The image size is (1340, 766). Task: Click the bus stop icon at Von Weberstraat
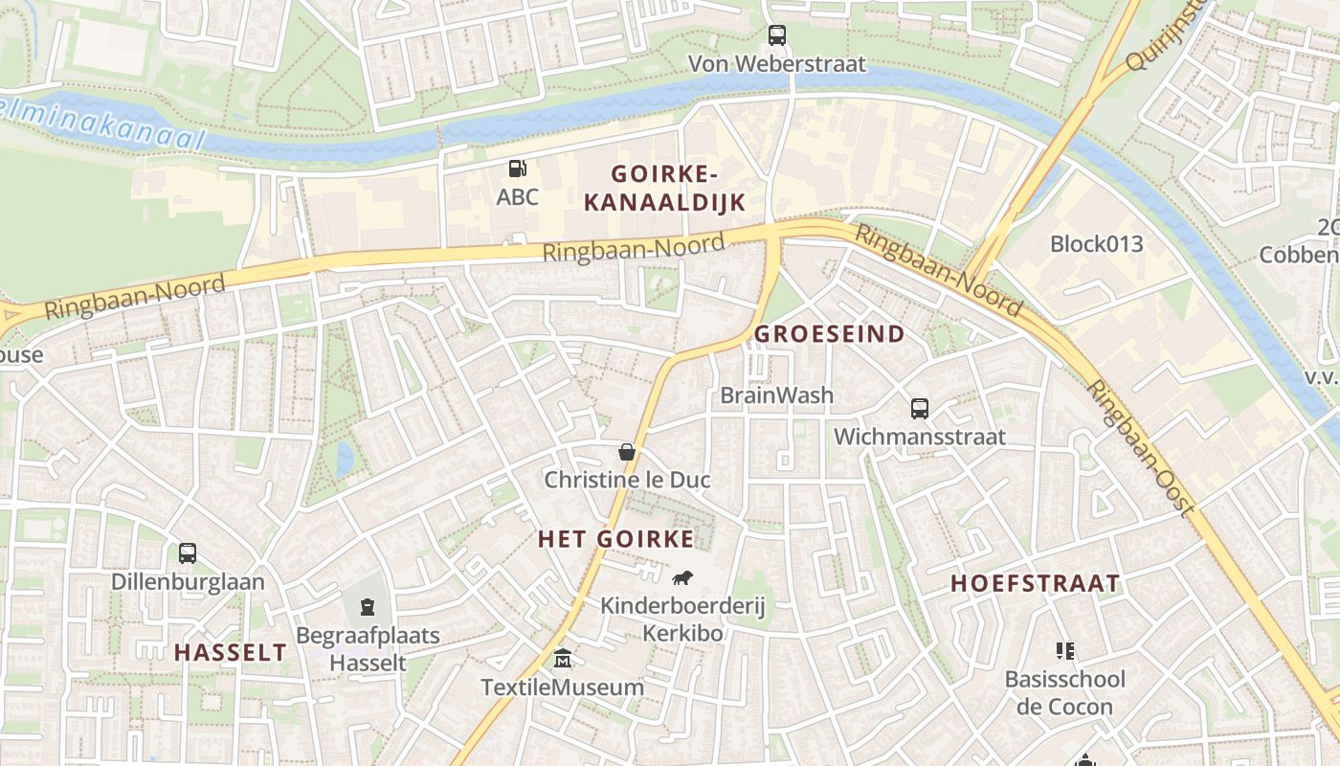tap(777, 35)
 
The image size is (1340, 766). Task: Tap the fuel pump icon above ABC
tap(517, 169)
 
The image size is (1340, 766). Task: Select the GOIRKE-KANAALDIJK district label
tap(664, 188)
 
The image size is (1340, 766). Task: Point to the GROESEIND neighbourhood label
tap(830, 334)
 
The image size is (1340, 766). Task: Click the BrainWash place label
tap(776, 395)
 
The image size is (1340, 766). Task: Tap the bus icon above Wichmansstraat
tap(920, 409)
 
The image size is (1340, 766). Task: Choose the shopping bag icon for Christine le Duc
tap(627, 452)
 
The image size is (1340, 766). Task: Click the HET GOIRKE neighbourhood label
tap(616, 539)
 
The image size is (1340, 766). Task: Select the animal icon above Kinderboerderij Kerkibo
tap(682, 577)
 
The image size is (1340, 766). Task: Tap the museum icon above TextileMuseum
tap(563, 659)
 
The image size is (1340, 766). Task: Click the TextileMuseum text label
tap(563, 687)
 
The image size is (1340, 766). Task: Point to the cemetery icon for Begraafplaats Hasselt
tap(368, 607)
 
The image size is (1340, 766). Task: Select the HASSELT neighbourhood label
tap(230, 653)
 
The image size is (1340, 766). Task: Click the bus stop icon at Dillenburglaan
tap(188, 553)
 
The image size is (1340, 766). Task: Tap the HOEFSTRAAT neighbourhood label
tap(1035, 584)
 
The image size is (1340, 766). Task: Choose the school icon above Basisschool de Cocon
tap(1064, 652)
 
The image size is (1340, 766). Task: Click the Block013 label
tap(1097, 243)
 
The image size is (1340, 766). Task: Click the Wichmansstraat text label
tap(920, 438)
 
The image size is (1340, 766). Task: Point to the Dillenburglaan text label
tap(188, 582)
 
